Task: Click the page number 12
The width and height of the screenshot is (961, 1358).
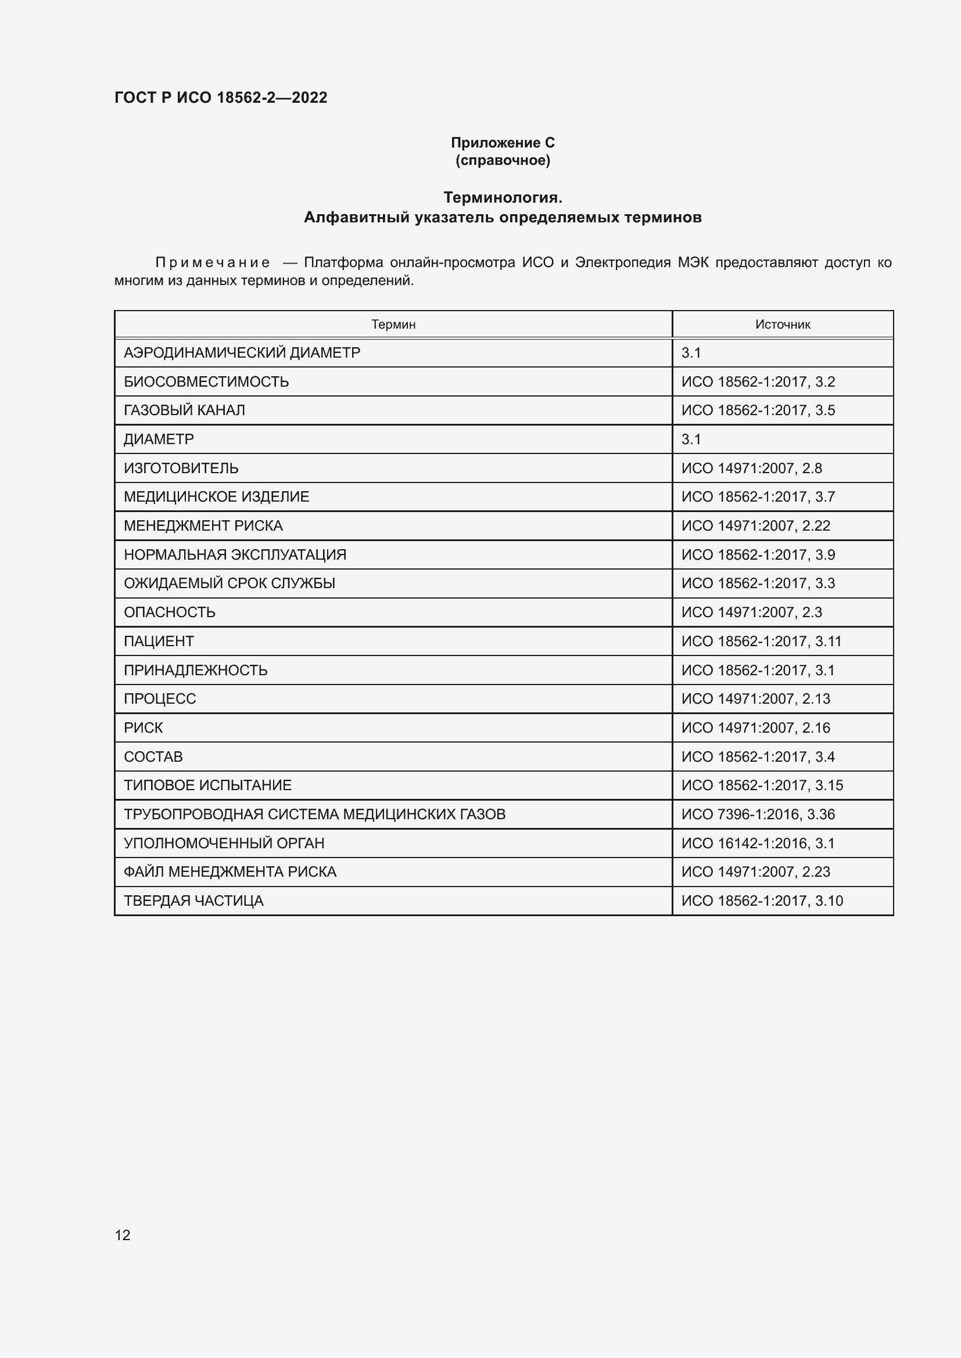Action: coord(123,1234)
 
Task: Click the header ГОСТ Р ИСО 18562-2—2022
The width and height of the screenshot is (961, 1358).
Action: coord(221,98)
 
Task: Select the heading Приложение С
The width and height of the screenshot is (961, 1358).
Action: coord(503,143)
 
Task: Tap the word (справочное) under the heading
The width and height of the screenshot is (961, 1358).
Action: coord(503,160)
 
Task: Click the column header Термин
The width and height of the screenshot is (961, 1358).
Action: coord(393,324)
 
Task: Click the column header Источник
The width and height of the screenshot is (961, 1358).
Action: coord(782,324)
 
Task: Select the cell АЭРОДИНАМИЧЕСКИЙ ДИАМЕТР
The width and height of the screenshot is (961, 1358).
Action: coord(242,353)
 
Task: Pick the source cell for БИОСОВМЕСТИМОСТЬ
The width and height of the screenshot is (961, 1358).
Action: coord(758,382)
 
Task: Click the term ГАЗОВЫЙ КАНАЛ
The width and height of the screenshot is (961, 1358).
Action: coord(184,410)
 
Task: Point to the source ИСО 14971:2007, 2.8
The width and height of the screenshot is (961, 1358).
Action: coord(751,469)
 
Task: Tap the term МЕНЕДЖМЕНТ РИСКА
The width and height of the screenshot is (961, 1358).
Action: coord(203,526)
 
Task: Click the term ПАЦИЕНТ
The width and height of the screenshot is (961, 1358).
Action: coord(159,641)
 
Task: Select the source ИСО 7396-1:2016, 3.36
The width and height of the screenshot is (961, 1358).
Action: coord(758,815)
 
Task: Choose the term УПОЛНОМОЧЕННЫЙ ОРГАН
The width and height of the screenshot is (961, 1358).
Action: coord(224,844)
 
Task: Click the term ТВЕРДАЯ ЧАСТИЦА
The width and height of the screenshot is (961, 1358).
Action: coord(193,901)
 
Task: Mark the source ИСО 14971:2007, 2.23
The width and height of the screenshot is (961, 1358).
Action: coord(756,872)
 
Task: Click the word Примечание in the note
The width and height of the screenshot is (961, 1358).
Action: coord(213,262)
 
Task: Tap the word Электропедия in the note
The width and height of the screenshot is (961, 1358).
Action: coord(622,262)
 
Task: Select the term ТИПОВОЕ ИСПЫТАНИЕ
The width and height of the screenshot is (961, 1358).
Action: coord(207,786)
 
